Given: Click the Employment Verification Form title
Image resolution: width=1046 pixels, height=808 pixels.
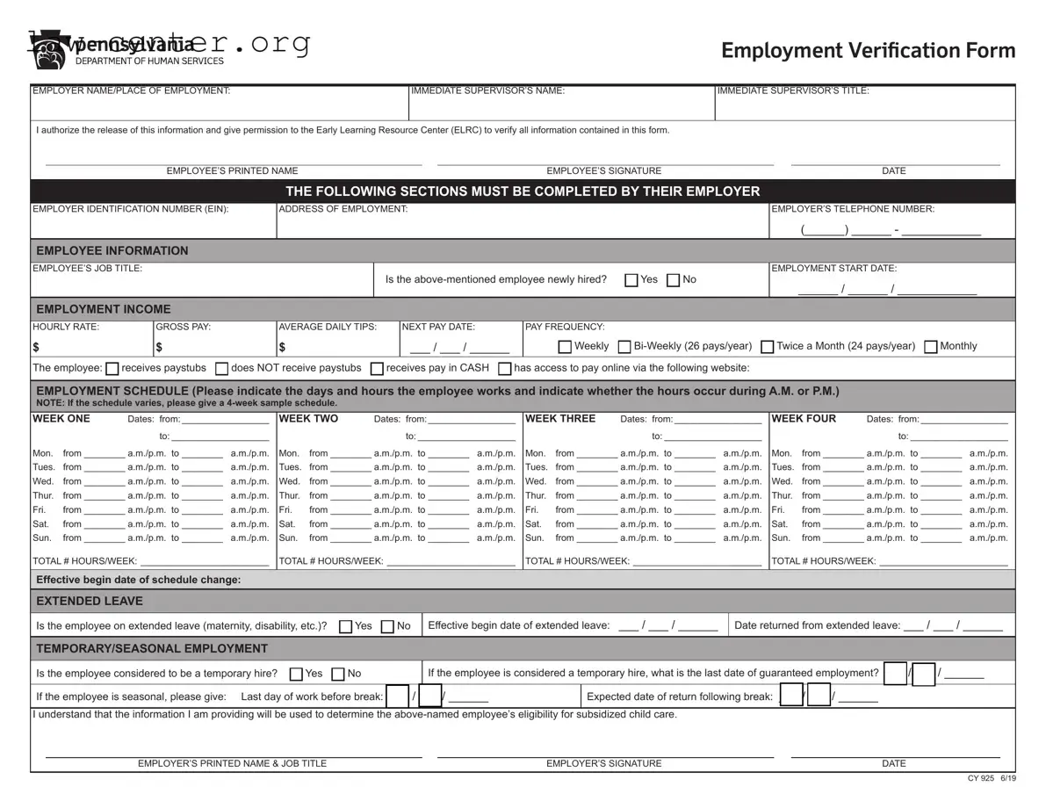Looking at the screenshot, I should pos(868,50).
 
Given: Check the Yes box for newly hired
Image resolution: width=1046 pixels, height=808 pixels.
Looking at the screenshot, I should pos(631,280).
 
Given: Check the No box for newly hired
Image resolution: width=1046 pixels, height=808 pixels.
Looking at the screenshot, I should pos(673,280).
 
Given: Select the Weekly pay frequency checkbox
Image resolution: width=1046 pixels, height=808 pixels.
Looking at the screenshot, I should pos(565,347).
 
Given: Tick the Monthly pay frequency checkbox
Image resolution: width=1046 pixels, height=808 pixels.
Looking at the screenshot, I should pos(931,347).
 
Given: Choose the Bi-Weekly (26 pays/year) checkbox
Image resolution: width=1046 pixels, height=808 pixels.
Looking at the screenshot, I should pos(624,347).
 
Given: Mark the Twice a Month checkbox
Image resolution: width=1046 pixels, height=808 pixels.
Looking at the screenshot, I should pos(767,347).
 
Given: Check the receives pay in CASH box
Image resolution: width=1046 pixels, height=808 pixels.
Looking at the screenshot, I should pos(377,369).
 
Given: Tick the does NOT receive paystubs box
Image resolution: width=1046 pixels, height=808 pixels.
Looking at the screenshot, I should pos(222,369).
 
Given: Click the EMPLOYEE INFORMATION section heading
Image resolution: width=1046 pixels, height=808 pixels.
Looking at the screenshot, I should pos(112,250).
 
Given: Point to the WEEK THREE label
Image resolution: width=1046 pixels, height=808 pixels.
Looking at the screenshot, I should pos(559,419).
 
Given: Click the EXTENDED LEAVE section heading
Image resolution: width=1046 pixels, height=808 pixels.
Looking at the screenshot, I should pos(89,602).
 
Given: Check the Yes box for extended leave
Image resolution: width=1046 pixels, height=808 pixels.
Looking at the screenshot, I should pos(345,627).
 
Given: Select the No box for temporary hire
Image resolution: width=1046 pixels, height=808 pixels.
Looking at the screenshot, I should pos(337,675).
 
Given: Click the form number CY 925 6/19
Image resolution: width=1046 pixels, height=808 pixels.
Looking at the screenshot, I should pos(992,778).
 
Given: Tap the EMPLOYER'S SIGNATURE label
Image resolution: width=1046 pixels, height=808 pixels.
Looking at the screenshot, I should pos(603,764).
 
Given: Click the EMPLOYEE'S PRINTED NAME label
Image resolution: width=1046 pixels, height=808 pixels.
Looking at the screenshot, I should pos(232,171).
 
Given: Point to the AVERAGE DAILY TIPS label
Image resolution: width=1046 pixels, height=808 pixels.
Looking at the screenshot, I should pos(328,327).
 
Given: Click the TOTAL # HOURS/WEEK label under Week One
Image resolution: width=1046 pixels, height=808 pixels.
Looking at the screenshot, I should pos(84,561).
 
